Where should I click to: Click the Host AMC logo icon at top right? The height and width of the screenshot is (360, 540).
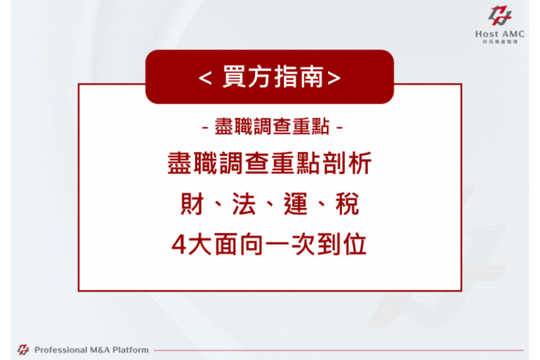(x=500, y=16)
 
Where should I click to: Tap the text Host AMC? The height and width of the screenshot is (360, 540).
(x=500, y=34)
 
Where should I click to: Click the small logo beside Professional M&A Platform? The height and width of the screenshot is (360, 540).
(x=23, y=350)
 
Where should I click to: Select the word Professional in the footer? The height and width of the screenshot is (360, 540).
(x=60, y=350)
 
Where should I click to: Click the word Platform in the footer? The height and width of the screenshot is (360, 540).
(x=131, y=350)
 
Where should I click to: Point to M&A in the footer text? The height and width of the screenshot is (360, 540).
(x=100, y=350)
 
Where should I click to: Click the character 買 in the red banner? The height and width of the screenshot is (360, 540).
(x=233, y=76)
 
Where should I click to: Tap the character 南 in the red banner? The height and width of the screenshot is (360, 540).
(x=311, y=76)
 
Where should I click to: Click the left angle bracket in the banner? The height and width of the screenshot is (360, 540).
(x=205, y=78)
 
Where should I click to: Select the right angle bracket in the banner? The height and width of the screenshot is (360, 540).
(x=334, y=78)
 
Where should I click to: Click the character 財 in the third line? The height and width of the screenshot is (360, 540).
(x=192, y=204)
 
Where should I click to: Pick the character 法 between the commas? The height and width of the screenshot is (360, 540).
(x=244, y=204)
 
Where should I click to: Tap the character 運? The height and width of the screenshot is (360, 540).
(x=295, y=204)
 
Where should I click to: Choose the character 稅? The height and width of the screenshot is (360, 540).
(x=347, y=204)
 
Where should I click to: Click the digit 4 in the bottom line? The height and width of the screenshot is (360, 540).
(x=179, y=245)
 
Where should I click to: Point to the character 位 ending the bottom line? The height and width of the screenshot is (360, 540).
(x=355, y=244)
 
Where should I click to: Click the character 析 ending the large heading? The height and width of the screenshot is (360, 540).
(x=360, y=163)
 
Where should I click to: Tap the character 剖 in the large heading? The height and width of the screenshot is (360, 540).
(x=335, y=163)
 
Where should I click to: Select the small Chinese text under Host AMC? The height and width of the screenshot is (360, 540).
(x=500, y=41)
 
